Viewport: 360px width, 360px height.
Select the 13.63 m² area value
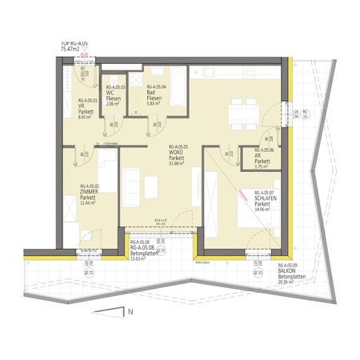pos(142,258)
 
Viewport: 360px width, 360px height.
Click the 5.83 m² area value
pos(155,104)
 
